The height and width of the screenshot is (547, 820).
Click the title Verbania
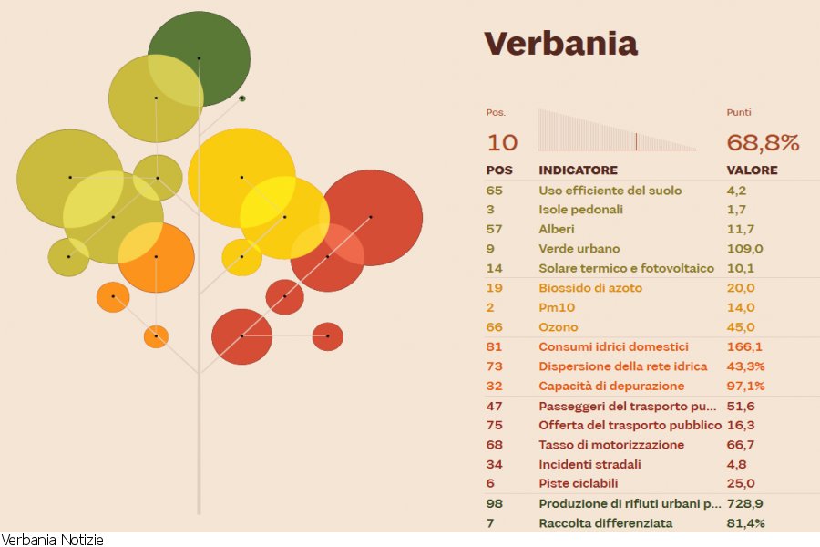[560, 43]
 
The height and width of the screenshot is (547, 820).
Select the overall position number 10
[502, 142]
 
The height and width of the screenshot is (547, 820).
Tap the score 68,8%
[763, 142]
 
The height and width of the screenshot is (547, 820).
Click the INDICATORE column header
[578, 170]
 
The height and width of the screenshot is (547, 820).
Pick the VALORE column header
[752, 170]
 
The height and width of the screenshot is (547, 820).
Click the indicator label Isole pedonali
[582, 210]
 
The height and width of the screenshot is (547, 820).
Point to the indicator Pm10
[557, 308]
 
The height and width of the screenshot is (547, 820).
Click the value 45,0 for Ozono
[741, 327]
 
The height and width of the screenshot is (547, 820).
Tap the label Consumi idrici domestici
[613, 347]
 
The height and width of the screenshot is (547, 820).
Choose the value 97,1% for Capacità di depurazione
[745, 387]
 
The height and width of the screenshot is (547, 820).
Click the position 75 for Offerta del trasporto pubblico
[495, 426]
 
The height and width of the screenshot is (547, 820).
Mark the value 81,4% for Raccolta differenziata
[745, 523]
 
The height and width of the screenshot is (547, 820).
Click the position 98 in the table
[495, 504]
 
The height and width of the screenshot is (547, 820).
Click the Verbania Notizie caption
[52, 540]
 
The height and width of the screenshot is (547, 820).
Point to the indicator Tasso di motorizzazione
[611, 445]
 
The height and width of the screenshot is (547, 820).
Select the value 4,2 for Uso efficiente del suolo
[736, 191]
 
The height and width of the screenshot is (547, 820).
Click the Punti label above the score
[739, 113]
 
